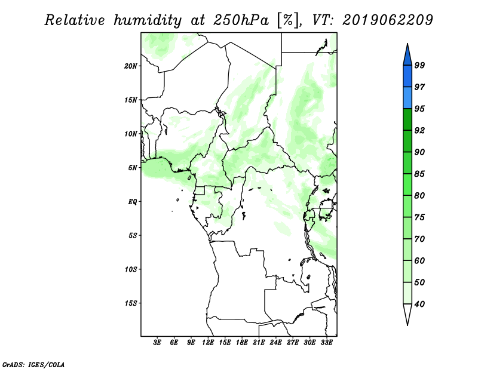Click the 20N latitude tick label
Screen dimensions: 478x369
point(131,66)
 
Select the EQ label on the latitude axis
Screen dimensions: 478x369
point(133,202)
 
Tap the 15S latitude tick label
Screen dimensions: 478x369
point(131,303)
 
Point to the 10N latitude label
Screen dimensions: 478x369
point(131,134)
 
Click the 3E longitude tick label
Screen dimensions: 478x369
point(157,343)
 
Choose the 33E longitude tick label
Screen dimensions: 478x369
point(326,343)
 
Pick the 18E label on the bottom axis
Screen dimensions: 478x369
point(242,343)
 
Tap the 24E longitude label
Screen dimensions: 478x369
point(275,343)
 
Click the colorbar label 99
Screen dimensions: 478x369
point(419,65)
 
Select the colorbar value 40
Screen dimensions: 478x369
point(419,304)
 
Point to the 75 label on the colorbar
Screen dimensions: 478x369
point(419,217)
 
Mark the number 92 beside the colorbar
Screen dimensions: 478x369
point(419,130)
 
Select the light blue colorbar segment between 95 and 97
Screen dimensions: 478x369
point(407,98)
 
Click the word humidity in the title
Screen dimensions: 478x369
point(148,21)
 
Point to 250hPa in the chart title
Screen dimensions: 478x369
point(241,20)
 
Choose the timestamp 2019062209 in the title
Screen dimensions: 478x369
point(387,20)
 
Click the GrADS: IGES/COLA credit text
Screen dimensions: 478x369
point(33,364)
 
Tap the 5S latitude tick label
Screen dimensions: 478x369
point(133,236)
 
